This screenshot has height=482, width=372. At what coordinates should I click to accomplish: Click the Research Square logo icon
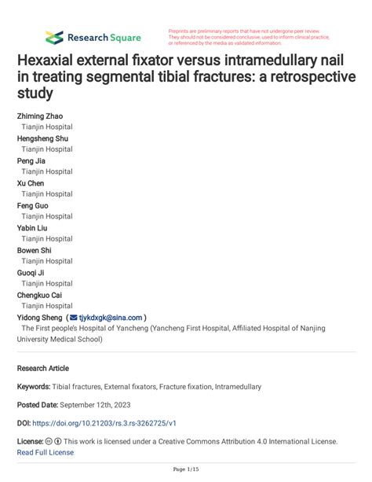[x=54, y=37]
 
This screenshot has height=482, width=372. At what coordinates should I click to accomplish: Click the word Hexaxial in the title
[x=53, y=61]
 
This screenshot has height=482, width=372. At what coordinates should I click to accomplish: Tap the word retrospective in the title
[x=307, y=78]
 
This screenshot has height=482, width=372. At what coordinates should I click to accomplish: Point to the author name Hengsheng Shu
[x=45, y=138]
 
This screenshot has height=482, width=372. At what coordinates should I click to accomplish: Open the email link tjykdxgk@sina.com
[x=111, y=317]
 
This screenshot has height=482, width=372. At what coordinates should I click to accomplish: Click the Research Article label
[x=42, y=368]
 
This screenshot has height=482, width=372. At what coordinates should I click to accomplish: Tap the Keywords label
[x=34, y=387]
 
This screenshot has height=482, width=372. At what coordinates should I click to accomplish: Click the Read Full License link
[x=46, y=452]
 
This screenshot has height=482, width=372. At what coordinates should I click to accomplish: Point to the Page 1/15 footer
[x=186, y=470]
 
